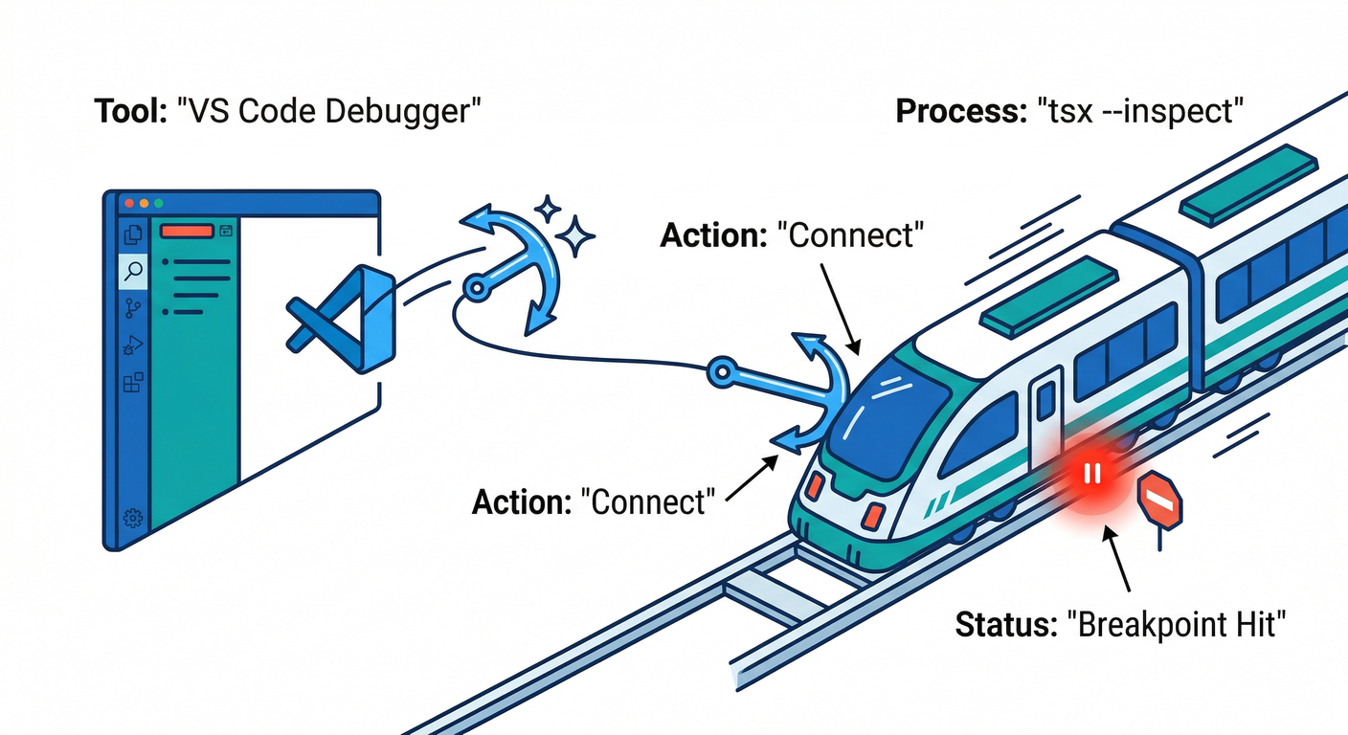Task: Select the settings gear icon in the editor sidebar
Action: (x=133, y=519)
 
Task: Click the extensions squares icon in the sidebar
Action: (x=133, y=383)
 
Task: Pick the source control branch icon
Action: (x=133, y=308)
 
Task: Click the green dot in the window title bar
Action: (x=158, y=204)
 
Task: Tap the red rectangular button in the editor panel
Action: (x=186, y=231)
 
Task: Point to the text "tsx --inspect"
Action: (x=1139, y=112)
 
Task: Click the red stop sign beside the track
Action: (x=1159, y=500)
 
